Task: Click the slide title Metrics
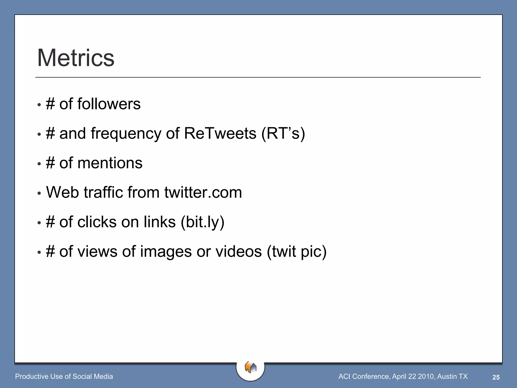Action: point(76,58)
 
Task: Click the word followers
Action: point(109,104)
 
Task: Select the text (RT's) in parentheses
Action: point(283,134)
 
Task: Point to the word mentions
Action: point(110,163)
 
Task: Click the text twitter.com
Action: point(203,192)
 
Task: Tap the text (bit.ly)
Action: point(202,223)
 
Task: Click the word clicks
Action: point(97,222)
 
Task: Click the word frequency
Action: point(126,134)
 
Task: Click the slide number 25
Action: point(496,377)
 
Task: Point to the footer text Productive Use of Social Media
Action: point(64,376)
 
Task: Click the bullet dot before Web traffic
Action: point(39,193)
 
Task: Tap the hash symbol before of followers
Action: point(50,104)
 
